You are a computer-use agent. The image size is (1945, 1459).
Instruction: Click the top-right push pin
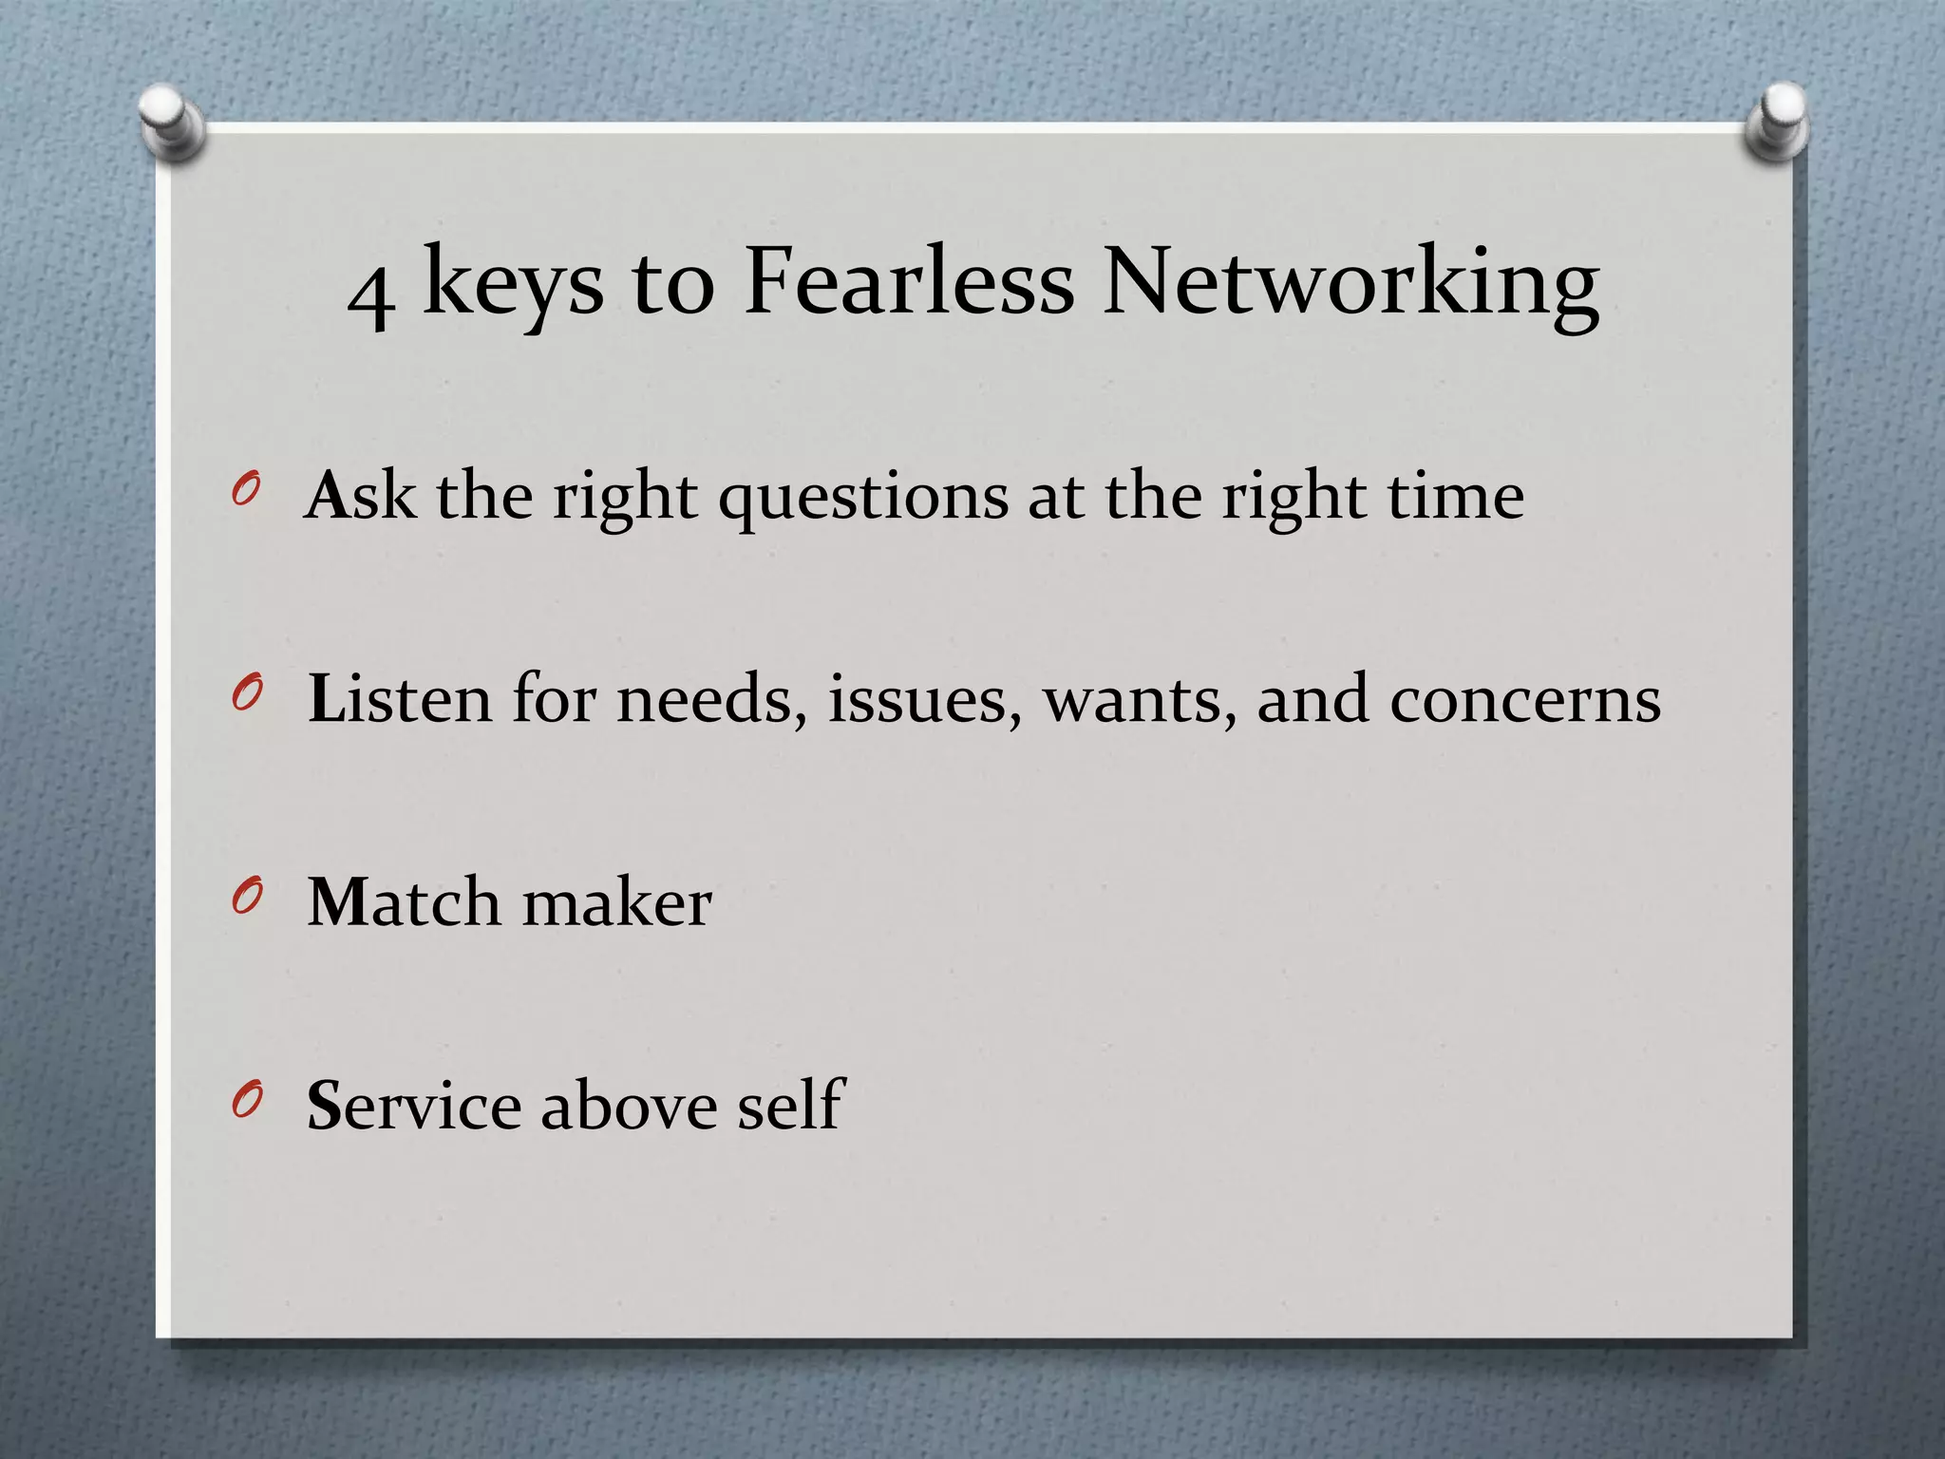tap(1777, 122)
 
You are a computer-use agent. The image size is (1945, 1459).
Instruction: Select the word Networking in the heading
tap(1350, 284)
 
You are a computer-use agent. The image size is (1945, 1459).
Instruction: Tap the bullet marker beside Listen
tap(244, 696)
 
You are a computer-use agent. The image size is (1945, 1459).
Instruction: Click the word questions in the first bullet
tap(863, 499)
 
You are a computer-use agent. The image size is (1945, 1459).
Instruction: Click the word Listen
tap(400, 699)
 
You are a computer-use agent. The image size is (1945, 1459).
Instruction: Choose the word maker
tap(616, 902)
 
